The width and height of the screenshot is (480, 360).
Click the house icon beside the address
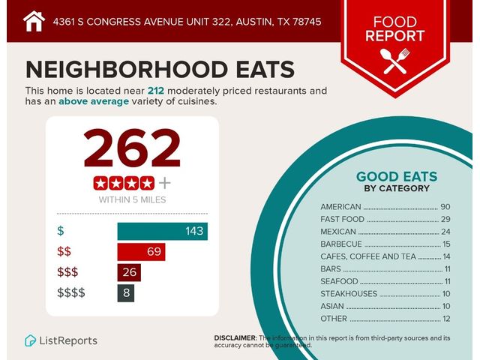pos(34,21)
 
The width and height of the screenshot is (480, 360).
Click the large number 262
pos(133,148)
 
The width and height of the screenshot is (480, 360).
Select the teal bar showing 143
pos(162,231)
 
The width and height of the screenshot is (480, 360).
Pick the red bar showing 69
pos(141,251)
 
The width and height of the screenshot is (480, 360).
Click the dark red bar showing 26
pos(129,271)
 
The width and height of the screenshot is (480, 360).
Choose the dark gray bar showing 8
pos(125,292)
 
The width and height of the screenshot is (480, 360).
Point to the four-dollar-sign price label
pos(71,292)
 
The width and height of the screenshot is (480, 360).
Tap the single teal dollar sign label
pos(61,231)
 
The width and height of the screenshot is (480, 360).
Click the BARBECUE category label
pos(341,244)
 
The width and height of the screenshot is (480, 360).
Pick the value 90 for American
pos(445,207)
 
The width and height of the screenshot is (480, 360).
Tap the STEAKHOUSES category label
pos(350,294)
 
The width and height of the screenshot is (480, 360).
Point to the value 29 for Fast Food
pos(445,220)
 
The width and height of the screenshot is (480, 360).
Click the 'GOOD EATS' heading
pos(396,177)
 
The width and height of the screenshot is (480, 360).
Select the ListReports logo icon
pos(31,340)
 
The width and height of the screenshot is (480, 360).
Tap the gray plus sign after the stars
pos(165,182)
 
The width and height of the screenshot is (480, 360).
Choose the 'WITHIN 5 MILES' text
pos(133,199)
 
